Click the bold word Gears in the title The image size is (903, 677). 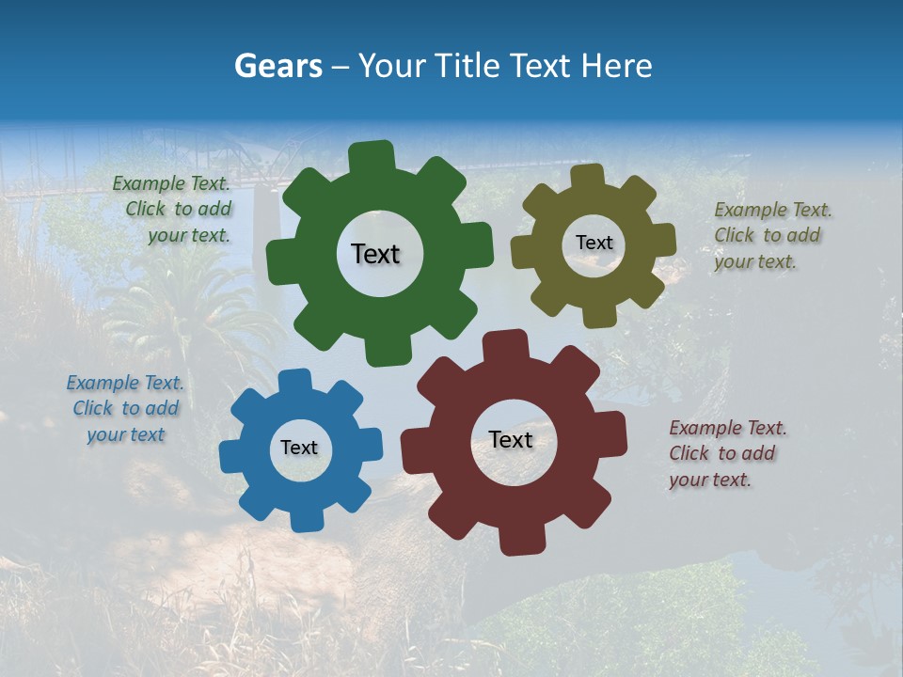point(277,66)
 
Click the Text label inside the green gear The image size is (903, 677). point(375,254)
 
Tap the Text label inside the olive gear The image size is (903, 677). point(594,243)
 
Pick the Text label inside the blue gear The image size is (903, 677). point(299,448)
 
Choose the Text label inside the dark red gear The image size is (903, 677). point(511,439)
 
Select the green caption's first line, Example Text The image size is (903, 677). point(171,183)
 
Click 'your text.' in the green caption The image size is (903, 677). point(189,235)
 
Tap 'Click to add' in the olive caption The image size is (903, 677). point(767,235)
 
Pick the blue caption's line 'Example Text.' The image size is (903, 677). point(125,383)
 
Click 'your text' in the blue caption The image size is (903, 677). point(126,434)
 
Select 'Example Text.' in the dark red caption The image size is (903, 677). point(728,428)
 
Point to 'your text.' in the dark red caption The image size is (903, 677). point(710,480)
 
